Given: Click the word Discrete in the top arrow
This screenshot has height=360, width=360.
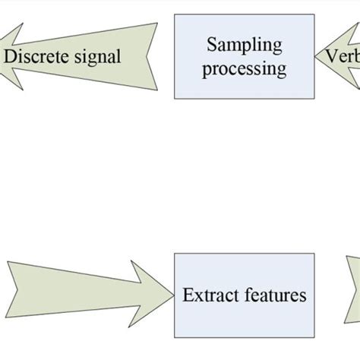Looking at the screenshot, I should [39, 56].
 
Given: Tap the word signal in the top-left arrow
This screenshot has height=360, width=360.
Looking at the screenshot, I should [96, 57].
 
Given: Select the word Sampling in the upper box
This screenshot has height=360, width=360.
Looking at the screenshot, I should [244, 45].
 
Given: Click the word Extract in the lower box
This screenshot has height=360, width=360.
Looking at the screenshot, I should [207, 295].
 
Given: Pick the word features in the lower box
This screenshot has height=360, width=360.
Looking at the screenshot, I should [271, 295].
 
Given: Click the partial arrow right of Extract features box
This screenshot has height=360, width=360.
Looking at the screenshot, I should [354, 292].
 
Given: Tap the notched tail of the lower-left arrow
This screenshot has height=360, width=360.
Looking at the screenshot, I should [11, 293].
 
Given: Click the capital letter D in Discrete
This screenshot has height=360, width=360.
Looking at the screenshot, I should [9, 56].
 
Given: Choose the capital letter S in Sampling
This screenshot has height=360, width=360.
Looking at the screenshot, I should [212, 45].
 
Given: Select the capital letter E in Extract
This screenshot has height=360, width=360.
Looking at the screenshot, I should [188, 295].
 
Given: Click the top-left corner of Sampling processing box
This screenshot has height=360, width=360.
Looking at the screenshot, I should [175, 14].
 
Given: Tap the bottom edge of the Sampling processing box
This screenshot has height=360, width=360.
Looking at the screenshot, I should [244, 98].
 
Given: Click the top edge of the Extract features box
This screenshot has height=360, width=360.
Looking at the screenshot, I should [244, 254].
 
